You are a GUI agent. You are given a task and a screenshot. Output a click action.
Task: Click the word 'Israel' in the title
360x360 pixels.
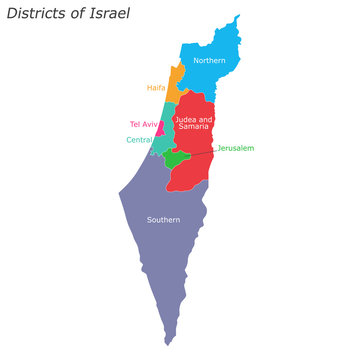tap(108, 18)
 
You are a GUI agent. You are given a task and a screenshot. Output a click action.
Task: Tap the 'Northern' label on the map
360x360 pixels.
tap(209, 61)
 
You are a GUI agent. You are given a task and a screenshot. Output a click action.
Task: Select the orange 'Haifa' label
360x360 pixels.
tap(156, 88)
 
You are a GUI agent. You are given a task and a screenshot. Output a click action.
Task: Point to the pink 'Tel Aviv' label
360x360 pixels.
tap(144, 124)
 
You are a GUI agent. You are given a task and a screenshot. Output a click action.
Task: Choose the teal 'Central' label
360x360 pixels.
tap(139, 140)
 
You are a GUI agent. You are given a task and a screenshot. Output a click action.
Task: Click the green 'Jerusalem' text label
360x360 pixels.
tap(235, 147)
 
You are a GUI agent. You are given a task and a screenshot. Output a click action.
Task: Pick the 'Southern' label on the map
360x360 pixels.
tap(163, 219)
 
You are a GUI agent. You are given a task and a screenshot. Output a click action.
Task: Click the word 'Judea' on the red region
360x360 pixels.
tap(185, 119)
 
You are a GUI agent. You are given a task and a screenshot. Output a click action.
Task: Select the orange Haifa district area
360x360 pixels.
tap(175, 82)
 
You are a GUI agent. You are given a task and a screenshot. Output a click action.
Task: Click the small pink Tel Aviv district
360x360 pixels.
tap(161, 128)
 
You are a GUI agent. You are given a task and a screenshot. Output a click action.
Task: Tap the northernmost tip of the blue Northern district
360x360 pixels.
tap(237, 17)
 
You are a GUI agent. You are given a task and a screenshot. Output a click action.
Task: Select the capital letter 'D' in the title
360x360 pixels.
tap(12, 18)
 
